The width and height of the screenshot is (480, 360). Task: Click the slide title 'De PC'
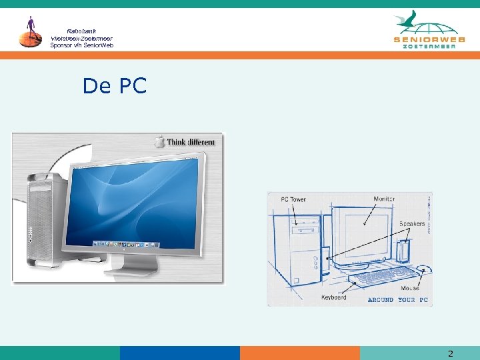click(x=114, y=86)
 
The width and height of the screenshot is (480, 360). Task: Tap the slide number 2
click(x=450, y=353)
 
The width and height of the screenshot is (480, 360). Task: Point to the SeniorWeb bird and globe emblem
click(x=427, y=23)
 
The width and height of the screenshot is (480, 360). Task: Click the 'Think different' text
click(x=191, y=142)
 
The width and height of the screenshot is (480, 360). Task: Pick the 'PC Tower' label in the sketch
click(x=293, y=199)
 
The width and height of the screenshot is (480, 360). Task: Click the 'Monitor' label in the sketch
click(x=383, y=199)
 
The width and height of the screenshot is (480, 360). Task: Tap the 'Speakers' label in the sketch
click(x=412, y=224)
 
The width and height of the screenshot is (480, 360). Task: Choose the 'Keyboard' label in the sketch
click(x=334, y=297)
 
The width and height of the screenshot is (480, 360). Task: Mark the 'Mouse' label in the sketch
click(x=411, y=288)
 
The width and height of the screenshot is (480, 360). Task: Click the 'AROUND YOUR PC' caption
click(x=397, y=300)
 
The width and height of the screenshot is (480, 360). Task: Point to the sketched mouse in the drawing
click(x=423, y=269)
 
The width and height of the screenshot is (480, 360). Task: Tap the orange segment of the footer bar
click(x=299, y=353)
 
